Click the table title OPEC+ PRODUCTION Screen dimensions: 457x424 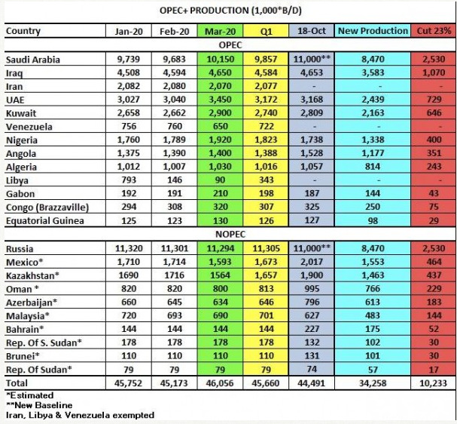[203, 11]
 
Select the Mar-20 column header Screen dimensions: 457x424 [220, 31]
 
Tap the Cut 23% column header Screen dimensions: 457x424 [434, 31]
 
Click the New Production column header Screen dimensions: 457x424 [373, 31]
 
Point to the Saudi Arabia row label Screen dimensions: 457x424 [33, 60]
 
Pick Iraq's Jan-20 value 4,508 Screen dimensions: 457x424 [129, 72]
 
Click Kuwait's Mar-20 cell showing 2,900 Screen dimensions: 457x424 [220, 112]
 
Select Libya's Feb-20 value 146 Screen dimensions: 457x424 [175, 180]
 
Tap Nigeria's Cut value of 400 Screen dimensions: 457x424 [434, 140]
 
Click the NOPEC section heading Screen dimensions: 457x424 [230, 234]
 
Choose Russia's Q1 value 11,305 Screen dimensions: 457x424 [266, 248]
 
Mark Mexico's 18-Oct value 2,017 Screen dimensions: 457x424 [312, 262]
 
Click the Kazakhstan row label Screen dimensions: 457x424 [32, 275]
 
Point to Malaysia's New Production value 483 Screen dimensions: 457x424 [373, 315]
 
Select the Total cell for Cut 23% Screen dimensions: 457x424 [433, 383]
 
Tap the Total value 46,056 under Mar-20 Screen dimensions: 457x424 [220, 383]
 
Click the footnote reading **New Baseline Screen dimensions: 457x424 [39, 405]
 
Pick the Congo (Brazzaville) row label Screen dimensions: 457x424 [47, 207]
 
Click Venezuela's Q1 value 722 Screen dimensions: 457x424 [266, 126]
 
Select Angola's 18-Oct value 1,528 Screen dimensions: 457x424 [312, 153]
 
